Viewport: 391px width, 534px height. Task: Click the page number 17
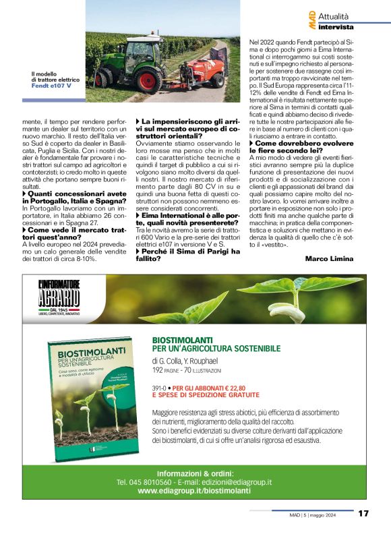click(363, 513)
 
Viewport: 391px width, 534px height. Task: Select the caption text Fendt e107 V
click(52, 86)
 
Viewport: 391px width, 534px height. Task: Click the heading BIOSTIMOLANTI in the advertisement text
click(182, 340)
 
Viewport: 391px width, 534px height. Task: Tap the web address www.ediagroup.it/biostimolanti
click(194, 491)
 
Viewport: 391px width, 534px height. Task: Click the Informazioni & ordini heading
click(195, 473)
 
